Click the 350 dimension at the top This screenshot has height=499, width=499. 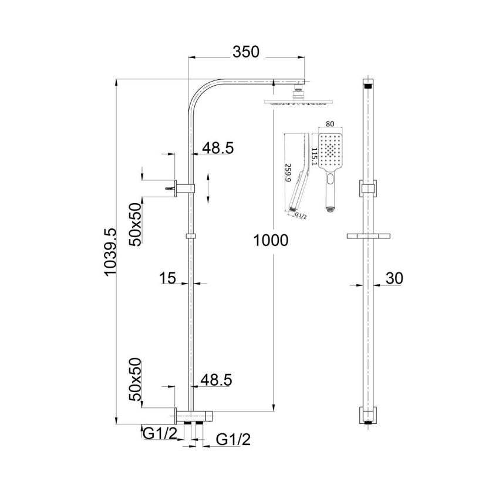[245, 52]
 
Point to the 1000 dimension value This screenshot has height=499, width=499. [271, 240]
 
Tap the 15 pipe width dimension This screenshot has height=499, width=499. [168, 278]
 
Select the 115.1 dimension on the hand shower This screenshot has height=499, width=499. [315, 157]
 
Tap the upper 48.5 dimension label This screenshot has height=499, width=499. [218, 149]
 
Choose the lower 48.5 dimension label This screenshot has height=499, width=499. [216, 380]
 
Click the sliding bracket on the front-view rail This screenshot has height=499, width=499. [368, 188]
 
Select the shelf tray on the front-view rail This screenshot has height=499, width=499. [368, 236]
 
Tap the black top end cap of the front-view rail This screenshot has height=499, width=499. [368, 85]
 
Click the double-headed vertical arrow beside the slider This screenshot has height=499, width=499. [210, 188]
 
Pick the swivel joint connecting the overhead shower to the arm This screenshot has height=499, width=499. [298, 91]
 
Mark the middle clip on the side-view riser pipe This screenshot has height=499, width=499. [190, 236]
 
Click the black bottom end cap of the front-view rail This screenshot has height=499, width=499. [368, 421]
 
